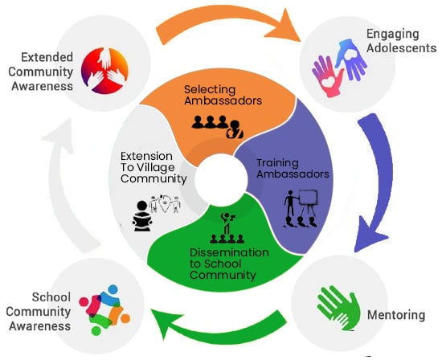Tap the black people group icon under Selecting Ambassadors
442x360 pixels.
tap(216, 125)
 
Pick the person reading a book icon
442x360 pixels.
tap(144, 216)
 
